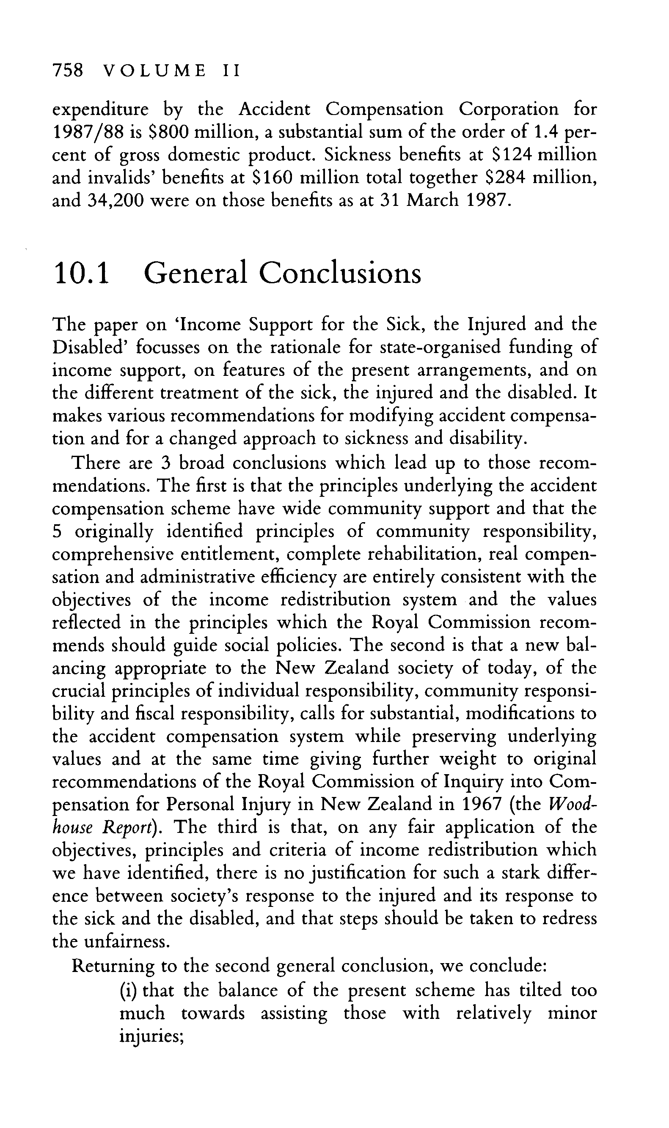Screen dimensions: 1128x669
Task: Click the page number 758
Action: click(68, 71)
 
